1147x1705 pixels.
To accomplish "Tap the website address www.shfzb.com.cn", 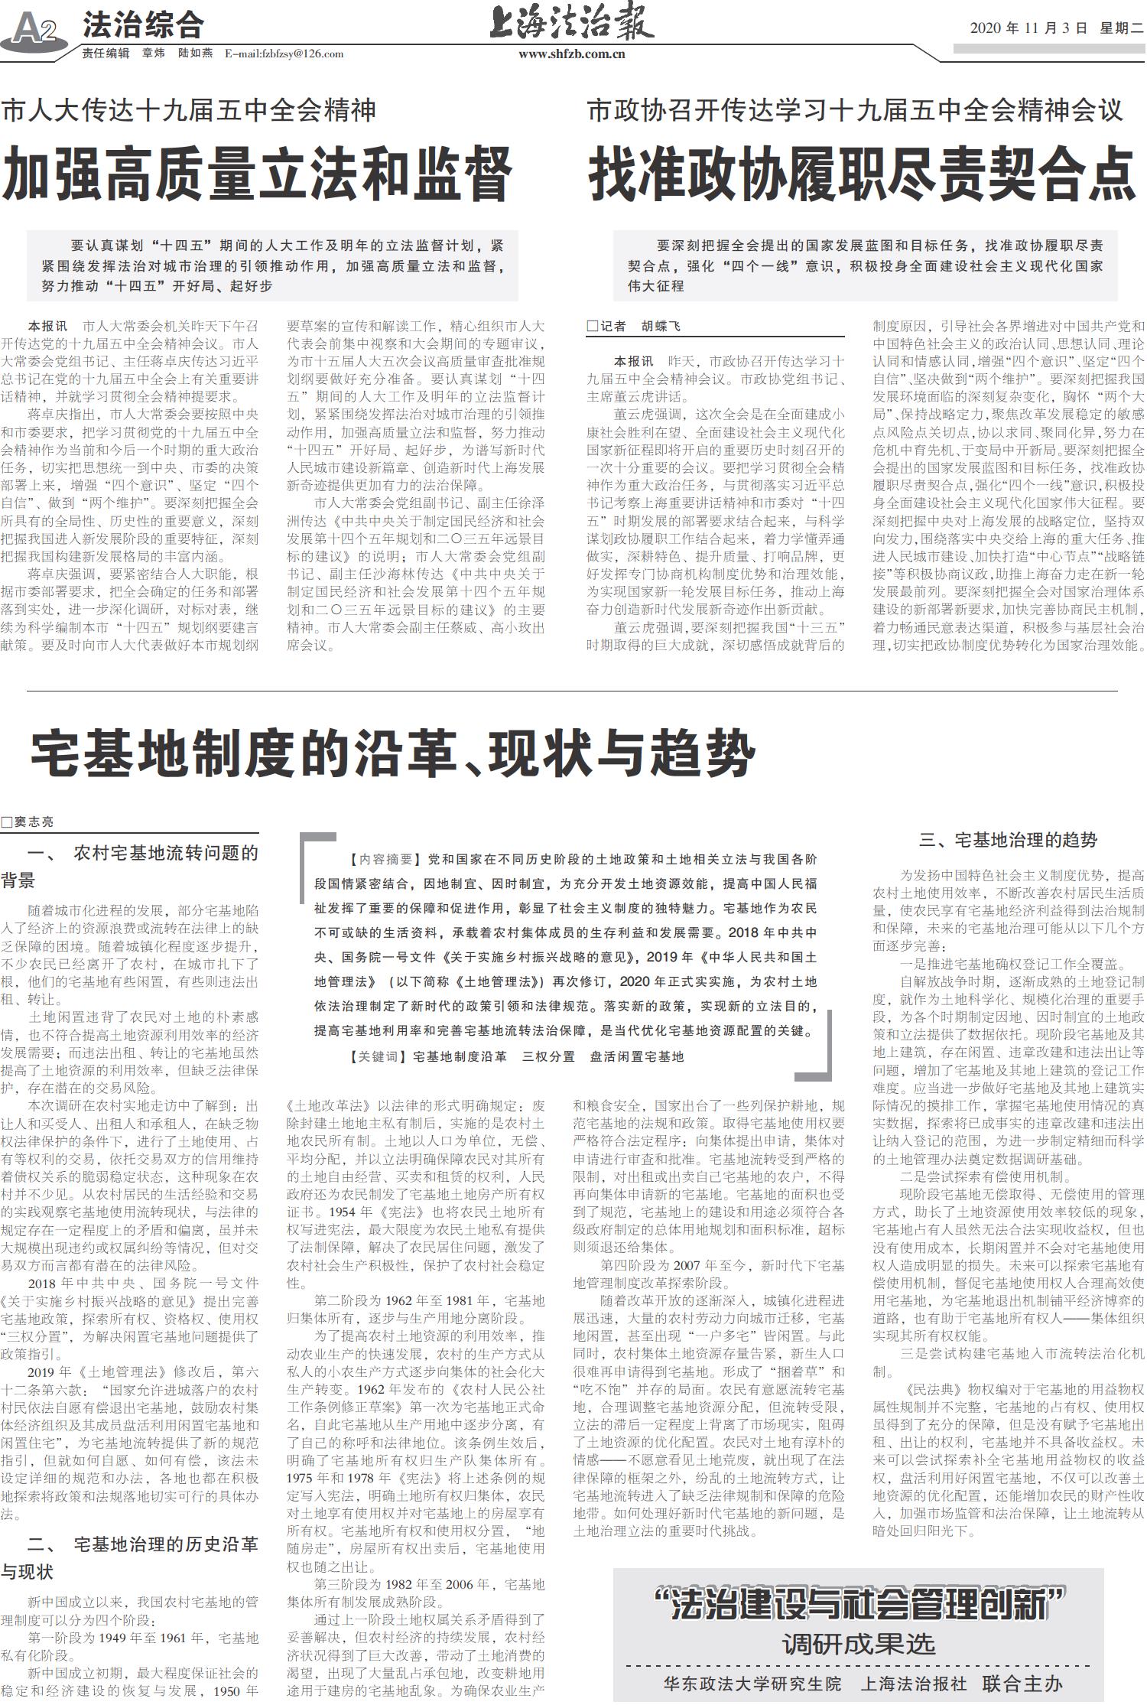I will pyautogui.click(x=571, y=54).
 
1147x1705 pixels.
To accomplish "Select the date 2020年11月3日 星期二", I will pyautogui.click(x=1056, y=28).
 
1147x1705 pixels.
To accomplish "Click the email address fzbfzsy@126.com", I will pyautogui.click(x=284, y=54).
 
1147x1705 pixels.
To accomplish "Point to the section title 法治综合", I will pyautogui.click(x=143, y=25).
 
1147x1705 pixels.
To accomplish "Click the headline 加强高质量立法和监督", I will pyautogui.click(x=257, y=174).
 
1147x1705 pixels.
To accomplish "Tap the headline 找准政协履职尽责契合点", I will pyautogui.click(x=861, y=174).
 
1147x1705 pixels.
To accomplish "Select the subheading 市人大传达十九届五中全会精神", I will pyautogui.click(x=189, y=110).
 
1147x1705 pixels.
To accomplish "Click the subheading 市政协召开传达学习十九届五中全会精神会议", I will pyautogui.click(x=855, y=110).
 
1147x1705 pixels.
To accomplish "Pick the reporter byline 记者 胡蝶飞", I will pyautogui.click(x=634, y=327).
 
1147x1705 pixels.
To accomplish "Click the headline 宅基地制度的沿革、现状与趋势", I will pyautogui.click(x=393, y=753).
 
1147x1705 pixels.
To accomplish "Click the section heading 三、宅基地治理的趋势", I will pyautogui.click(x=1008, y=840).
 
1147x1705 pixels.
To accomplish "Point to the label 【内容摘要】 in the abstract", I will pyautogui.click(x=381, y=860).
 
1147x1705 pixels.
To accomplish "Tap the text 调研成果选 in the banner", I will pyautogui.click(x=858, y=1644).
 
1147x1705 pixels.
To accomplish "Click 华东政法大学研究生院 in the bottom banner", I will pyautogui.click(x=752, y=1683).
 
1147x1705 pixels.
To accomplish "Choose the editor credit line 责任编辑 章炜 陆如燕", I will pyautogui.click(x=148, y=54).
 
